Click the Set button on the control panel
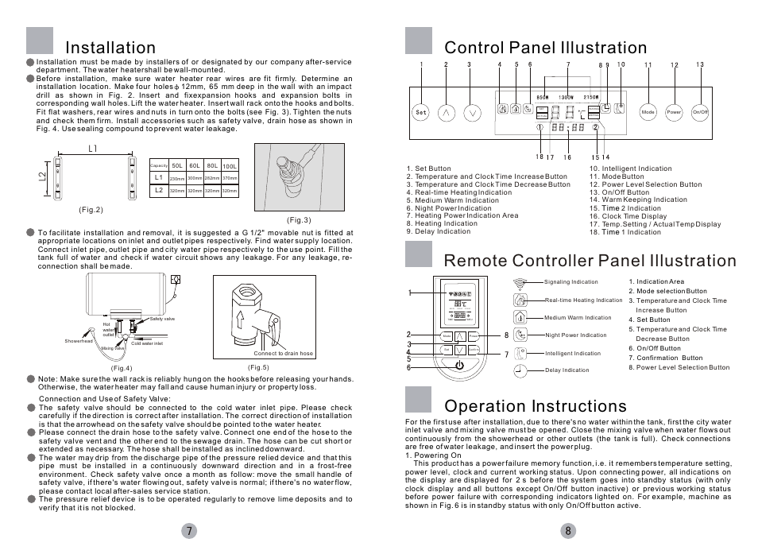click(x=422, y=112)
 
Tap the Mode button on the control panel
click(x=648, y=112)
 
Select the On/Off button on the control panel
click(x=700, y=112)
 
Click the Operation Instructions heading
click(x=536, y=407)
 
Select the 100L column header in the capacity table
click(x=230, y=165)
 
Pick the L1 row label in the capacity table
click(x=158, y=176)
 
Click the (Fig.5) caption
click(x=258, y=366)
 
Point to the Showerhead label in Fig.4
click(x=79, y=341)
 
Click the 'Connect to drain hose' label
click(x=283, y=353)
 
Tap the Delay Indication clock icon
click(x=520, y=370)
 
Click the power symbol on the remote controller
click(x=460, y=365)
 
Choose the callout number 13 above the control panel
click(x=699, y=64)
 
